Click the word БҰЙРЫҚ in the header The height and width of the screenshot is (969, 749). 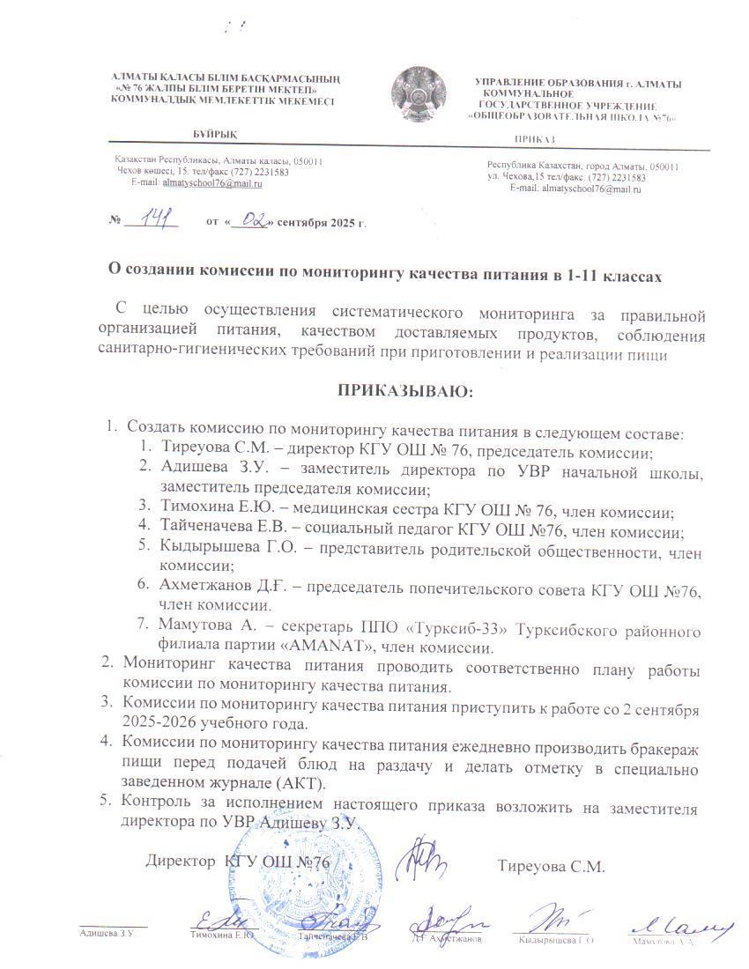(214, 133)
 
